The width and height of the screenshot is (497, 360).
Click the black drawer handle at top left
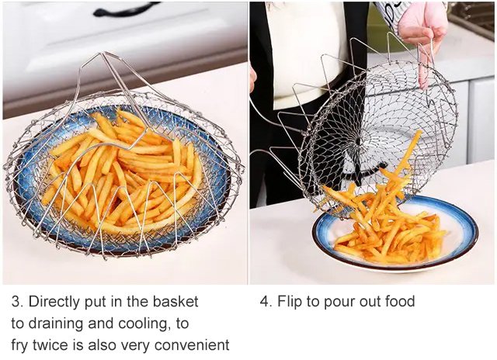point(126,9)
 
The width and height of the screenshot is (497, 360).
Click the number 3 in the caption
point(16,302)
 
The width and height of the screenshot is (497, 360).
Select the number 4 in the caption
point(264,302)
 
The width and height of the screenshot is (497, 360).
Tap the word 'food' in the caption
point(400,301)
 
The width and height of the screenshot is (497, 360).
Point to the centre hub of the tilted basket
point(358,141)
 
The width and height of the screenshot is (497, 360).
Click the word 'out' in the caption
point(370,302)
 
